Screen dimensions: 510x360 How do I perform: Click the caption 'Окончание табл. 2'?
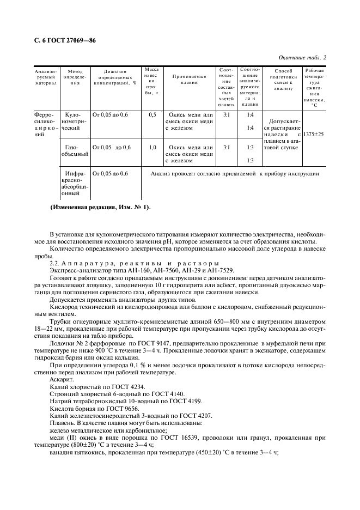click(x=302, y=57)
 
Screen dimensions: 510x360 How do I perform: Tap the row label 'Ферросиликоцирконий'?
click(x=45, y=125)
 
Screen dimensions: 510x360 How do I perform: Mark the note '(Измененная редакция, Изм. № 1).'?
click(x=100, y=208)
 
